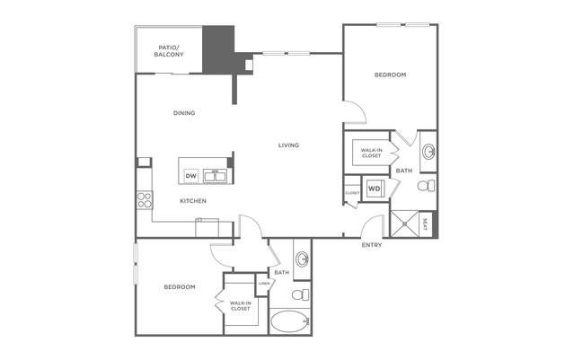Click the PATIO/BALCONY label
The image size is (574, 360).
(170, 51)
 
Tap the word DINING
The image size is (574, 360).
(184, 113)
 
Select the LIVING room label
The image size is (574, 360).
(288, 145)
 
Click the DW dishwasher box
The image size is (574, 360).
(190, 176)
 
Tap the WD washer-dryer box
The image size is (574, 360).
(374, 189)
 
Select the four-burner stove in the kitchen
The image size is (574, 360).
(143, 200)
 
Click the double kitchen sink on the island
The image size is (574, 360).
(214, 174)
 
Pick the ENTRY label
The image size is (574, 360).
(373, 245)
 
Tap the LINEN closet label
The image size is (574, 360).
(264, 285)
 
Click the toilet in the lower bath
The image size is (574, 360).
(302, 294)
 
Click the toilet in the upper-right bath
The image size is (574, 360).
(428, 186)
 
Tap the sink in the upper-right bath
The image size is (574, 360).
(428, 150)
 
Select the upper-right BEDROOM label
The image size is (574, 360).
(390, 75)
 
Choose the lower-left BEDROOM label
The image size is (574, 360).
(179, 287)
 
